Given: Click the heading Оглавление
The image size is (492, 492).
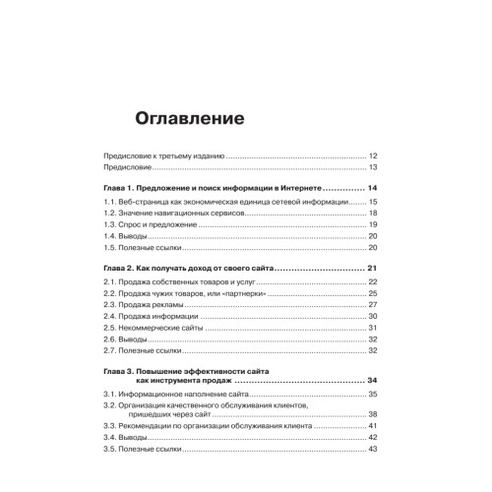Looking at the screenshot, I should (x=189, y=120).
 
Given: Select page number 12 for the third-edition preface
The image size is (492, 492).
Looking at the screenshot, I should (x=373, y=155).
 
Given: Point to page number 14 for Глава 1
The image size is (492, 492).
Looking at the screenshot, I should (x=373, y=187).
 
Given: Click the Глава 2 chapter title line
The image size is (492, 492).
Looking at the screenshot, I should (x=188, y=269).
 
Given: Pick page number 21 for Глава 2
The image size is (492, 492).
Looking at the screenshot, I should (x=373, y=269).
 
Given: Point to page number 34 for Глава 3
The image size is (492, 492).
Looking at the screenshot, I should (x=373, y=380).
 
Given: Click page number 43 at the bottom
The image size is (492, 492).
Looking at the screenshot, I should (x=373, y=450).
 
